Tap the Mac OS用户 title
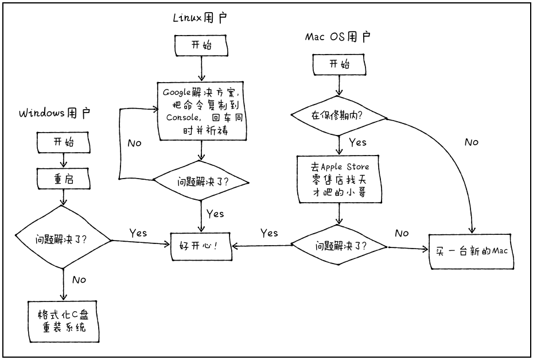coord(337,37)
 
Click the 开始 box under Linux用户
coord(200,46)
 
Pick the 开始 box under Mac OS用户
coord(339,64)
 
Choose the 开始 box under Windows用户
coord(64,141)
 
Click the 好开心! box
coord(201,247)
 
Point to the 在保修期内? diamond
coord(340,115)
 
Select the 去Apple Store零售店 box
coord(340,179)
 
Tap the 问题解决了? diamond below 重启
coord(63,239)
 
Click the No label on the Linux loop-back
coord(134,142)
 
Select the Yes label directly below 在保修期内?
coord(357,142)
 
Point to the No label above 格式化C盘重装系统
coord(79,280)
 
